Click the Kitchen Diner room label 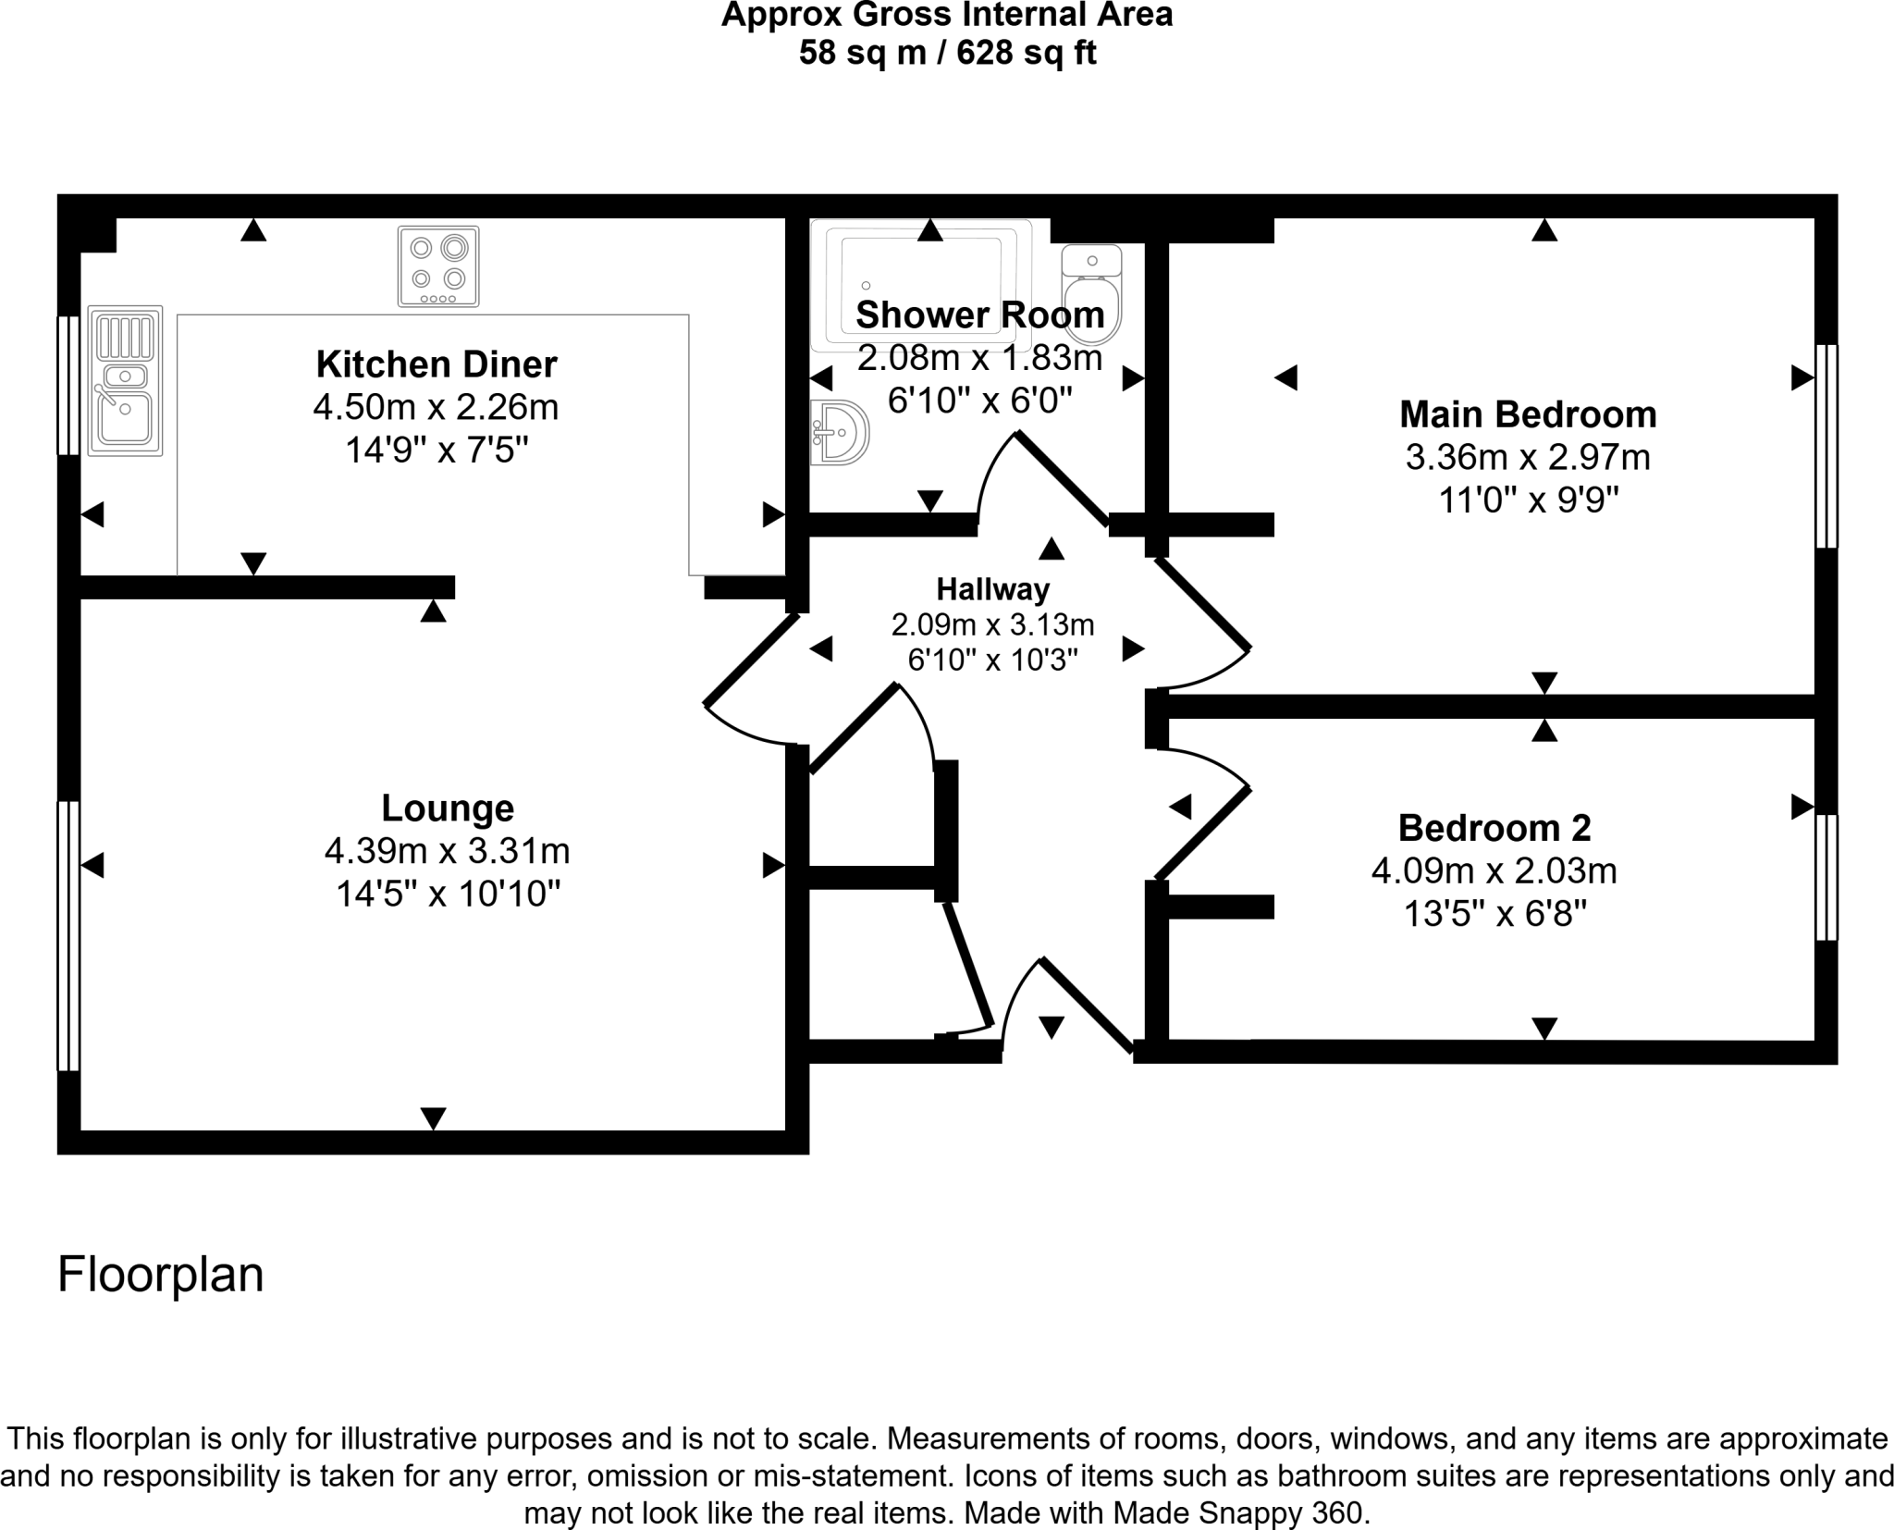[437, 364]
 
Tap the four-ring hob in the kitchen [438, 266]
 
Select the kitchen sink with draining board [126, 381]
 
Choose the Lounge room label [448, 808]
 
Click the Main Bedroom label [1528, 414]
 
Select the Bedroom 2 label [1494, 828]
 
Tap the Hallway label [992, 589]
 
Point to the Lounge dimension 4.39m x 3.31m [447, 851]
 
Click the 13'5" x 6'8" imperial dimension [1495, 915]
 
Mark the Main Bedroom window [1826, 446]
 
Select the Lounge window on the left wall [68, 935]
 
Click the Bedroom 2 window [1826, 877]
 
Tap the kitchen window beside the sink [68, 386]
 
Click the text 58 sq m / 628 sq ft [947, 54]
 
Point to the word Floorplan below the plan [161, 1275]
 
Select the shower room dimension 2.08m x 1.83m [979, 358]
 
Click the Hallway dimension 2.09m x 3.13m [992, 625]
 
